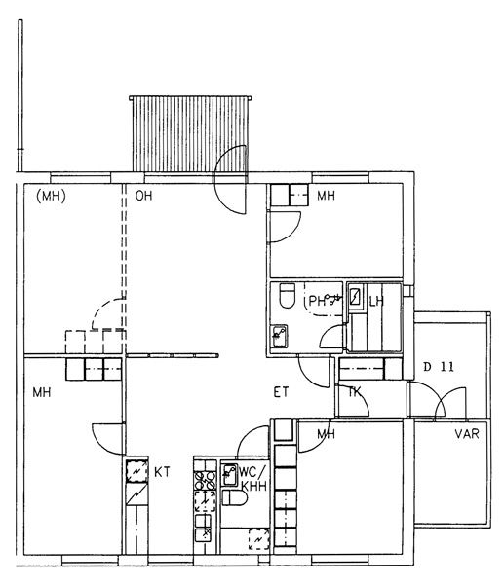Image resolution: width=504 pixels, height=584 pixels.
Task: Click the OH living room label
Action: pos(143,196)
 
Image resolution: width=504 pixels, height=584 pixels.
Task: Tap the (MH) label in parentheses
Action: pos(51,196)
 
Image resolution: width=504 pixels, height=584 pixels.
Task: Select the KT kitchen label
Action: pos(162,472)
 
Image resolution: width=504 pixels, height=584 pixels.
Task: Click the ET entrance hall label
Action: pos(281,392)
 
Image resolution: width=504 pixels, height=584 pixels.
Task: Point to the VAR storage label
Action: pos(467,434)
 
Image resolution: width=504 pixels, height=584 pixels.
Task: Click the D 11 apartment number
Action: pos(439,367)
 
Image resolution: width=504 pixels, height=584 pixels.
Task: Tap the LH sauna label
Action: pos(376,302)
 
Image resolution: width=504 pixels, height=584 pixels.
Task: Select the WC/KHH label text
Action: pos(253,479)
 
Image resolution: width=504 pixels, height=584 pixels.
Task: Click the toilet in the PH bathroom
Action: pos(288,295)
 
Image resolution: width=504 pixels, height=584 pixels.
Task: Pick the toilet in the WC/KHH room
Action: pos(235,497)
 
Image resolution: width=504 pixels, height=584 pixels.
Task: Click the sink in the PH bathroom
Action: pos(279,337)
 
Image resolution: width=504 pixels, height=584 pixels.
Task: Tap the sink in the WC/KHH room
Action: pos(229,475)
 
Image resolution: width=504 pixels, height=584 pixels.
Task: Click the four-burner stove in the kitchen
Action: pos(205,481)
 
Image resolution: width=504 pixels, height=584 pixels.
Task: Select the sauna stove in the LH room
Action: pos(356,297)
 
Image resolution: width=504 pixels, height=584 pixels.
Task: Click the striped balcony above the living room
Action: pos(189,134)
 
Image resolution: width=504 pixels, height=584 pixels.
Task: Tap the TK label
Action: pos(355,392)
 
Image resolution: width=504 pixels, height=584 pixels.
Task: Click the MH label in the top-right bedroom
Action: pos(326,196)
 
